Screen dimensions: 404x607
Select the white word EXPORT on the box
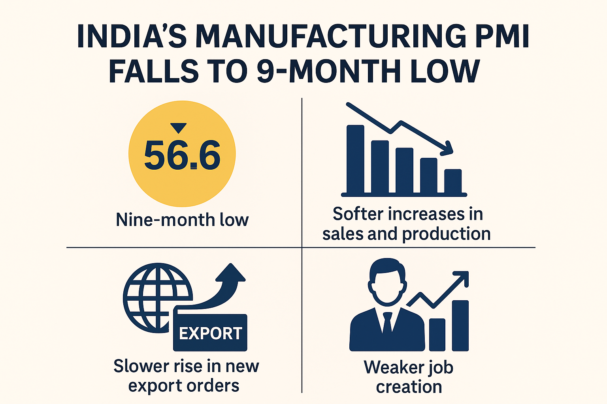point(210,334)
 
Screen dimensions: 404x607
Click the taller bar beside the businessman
point(460,325)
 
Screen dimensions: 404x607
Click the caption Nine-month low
point(182,220)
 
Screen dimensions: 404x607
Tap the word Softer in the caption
point(358,214)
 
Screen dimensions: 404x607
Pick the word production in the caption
point(446,234)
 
